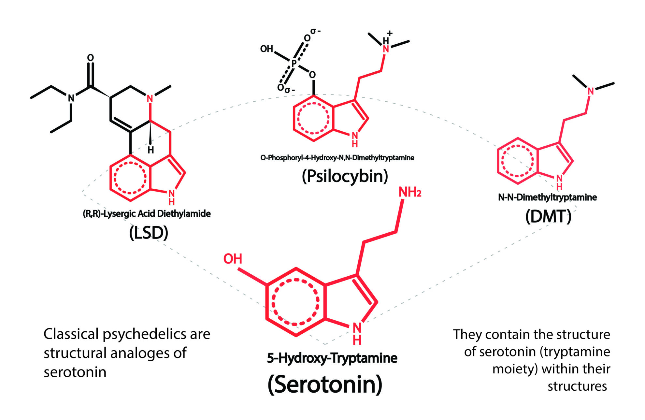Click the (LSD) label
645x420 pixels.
click(149, 233)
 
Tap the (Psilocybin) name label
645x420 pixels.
click(345, 176)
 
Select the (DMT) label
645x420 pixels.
click(548, 216)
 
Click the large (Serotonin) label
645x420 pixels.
click(325, 384)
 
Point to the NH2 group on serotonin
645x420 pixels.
click(410, 192)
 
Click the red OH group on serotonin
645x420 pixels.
click(233, 259)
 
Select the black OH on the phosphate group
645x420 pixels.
click(266, 49)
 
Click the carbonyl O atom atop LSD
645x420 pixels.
click(91, 58)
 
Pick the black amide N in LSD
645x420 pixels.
click(71, 97)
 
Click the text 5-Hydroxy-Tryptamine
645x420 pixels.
click(332, 358)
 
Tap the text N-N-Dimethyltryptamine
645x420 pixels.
click(547, 197)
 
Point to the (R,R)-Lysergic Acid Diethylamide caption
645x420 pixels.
click(147, 214)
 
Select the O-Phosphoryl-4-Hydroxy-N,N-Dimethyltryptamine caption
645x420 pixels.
click(337, 158)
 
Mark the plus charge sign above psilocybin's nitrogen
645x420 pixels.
click(390, 33)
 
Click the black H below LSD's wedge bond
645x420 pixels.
click(150, 150)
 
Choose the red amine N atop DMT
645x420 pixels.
click(591, 91)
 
